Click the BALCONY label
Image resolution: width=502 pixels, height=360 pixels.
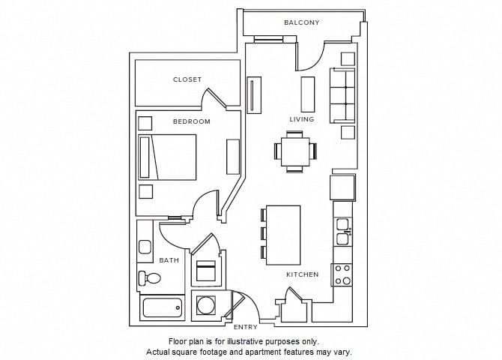[301, 22]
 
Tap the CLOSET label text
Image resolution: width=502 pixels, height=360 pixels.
[187, 79]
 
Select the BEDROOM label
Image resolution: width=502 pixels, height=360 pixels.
[191, 121]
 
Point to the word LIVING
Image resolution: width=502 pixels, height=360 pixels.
[302, 119]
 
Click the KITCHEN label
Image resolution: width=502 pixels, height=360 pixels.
[302, 274]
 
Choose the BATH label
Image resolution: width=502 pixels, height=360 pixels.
[169, 260]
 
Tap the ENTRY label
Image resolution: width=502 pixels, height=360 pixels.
[245, 327]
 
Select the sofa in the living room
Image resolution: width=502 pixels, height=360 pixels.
[344, 94]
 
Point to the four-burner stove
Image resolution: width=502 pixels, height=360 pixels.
[342, 274]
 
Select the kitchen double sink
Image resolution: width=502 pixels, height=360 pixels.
[342, 232]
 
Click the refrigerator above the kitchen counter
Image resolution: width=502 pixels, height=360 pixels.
[343, 186]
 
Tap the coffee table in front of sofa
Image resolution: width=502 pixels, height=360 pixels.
[307, 94]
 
